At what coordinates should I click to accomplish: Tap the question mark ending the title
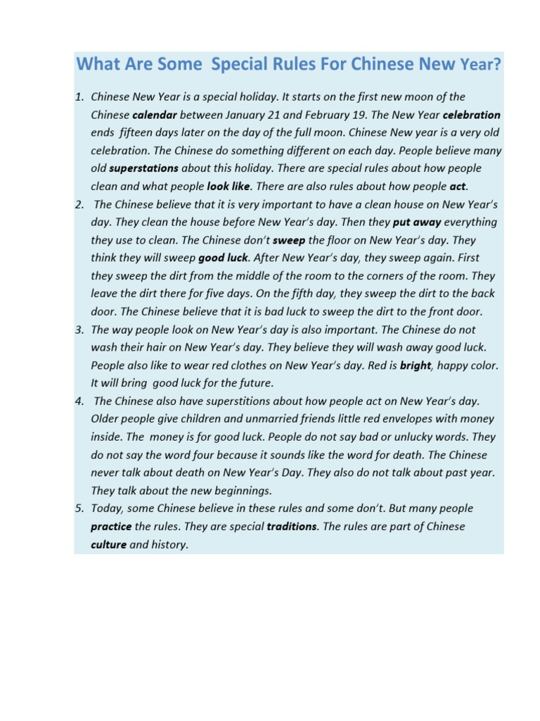(498, 65)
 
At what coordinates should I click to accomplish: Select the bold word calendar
(154, 115)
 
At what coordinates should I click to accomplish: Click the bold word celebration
(471, 115)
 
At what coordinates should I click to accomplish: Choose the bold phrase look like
(229, 187)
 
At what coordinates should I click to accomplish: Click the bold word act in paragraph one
(458, 187)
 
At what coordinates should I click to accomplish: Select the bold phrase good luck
(223, 258)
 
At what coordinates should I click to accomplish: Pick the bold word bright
(415, 365)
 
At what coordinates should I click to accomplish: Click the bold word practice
(111, 527)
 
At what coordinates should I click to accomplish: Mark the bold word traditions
(292, 527)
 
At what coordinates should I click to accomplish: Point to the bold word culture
(109, 544)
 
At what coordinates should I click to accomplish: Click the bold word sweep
(289, 240)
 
